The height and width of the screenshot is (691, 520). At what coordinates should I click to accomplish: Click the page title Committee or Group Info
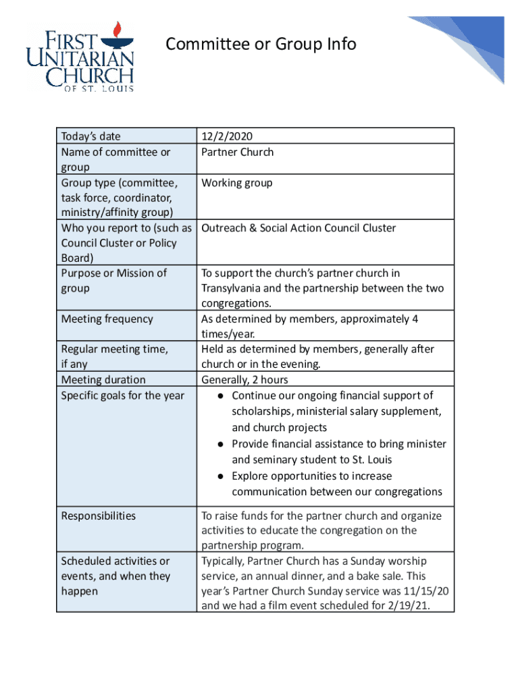pos(261,45)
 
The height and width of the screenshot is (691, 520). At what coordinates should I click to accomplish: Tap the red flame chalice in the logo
pos(115,31)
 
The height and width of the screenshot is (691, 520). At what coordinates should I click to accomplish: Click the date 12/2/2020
pos(226,136)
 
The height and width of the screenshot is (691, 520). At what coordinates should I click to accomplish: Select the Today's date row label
pos(90,136)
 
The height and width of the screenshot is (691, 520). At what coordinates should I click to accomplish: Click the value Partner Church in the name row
pos(237,152)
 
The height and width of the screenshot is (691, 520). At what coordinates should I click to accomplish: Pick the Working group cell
pos(236,183)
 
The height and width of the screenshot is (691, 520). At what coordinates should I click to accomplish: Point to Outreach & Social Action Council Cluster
pos(298,228)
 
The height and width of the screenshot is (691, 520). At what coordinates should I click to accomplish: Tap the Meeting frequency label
pos(107,319)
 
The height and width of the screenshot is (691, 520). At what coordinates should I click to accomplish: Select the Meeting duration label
pos(103,380)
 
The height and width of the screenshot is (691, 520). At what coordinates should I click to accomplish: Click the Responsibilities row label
pos(98,516)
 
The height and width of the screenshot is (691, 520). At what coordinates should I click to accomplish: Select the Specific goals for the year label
pos(122,395)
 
